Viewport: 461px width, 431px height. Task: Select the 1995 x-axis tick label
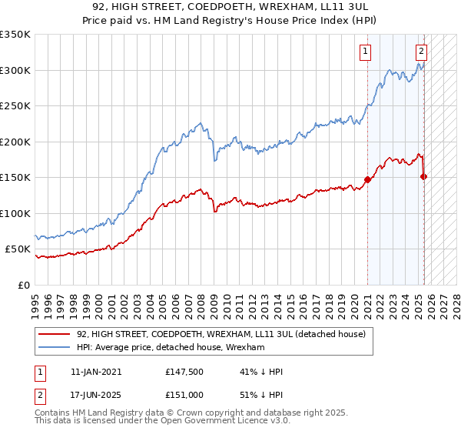(x=35, y=300)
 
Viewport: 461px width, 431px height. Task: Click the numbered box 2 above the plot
(x=422, y=52)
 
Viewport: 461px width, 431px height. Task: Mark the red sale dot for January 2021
(x=367, y=179)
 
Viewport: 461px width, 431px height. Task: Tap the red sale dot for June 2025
(x=424, y=177)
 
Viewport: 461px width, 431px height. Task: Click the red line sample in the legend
(x=55, y=334)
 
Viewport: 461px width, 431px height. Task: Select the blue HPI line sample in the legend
(x=55, y=348)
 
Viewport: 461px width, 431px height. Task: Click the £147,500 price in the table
(x=184, y=372)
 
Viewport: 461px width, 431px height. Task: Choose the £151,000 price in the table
(x=184, y=395)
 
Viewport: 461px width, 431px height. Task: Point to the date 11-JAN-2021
(x=96, y=372)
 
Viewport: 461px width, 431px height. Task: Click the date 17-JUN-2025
(x=96, y=395)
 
